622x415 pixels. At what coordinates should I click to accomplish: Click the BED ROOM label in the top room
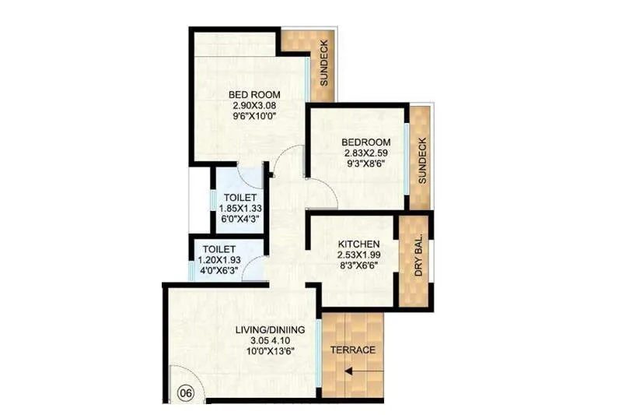[x=250, y=96]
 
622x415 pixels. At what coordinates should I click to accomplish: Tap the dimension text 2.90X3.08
[x=250, y=106]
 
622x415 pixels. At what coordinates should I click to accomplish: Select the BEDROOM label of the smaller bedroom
[x=365, y=142]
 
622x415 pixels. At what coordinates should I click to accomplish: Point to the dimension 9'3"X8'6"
[x=365, y=164]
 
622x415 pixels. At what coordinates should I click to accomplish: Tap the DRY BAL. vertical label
[x=418, y=255]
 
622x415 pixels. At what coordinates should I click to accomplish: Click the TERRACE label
[x=353, y=350]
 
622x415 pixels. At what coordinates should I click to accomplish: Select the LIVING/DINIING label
[x=270, y=330]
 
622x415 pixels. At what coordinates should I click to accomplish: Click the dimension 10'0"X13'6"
[x=270, y=350]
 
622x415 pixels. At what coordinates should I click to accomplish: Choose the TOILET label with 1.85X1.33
[x=236, y=198]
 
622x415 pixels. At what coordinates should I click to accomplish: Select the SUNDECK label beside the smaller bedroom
[x=422, y=160]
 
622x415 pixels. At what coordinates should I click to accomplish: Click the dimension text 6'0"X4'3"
[x=236, y=219]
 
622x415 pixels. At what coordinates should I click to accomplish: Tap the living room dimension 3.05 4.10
[x=270, y=340]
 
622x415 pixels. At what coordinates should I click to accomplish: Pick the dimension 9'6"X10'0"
[x=250, y=116]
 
